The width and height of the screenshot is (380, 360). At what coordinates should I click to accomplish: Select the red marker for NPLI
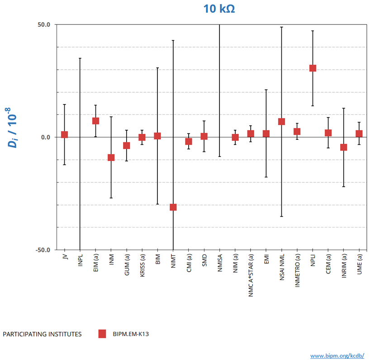pos(313,68)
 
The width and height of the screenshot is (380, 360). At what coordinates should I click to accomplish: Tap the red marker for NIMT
pos(173,207)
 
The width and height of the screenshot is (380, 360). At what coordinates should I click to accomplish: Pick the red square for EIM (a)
pos(95,121)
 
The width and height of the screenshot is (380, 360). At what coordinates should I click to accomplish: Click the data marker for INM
pos(111,157)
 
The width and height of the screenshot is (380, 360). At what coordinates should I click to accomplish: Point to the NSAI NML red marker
pos(281,122)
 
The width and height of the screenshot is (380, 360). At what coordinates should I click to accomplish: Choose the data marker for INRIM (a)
pos(343,147)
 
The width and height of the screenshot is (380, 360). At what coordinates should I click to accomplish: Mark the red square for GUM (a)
pos(127,146)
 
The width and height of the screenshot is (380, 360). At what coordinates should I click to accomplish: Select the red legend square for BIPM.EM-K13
pos(102,334)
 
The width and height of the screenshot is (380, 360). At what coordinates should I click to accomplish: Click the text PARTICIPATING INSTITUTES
pos(42,334)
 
